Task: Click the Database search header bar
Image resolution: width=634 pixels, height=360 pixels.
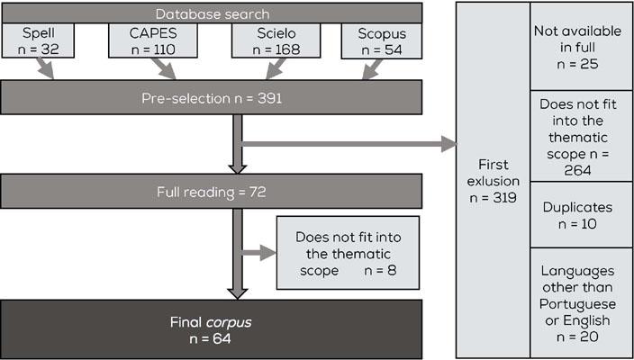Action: point(211,13)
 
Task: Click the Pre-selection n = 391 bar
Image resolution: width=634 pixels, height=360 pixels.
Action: point(211,98)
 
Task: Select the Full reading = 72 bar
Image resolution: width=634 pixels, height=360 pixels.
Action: point(211,192)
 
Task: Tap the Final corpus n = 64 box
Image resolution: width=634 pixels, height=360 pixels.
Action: point(211,328)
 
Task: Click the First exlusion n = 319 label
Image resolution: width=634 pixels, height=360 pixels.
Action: point(493,181)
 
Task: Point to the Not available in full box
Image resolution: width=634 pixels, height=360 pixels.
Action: point(581,47)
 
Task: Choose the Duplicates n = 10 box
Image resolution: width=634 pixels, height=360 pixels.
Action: point(581,214)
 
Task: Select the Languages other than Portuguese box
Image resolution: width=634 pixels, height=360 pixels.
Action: point(581,301)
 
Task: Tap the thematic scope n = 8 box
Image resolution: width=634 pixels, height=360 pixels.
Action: point(347,253)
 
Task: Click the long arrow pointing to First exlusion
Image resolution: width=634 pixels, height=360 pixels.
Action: point(351,143)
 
